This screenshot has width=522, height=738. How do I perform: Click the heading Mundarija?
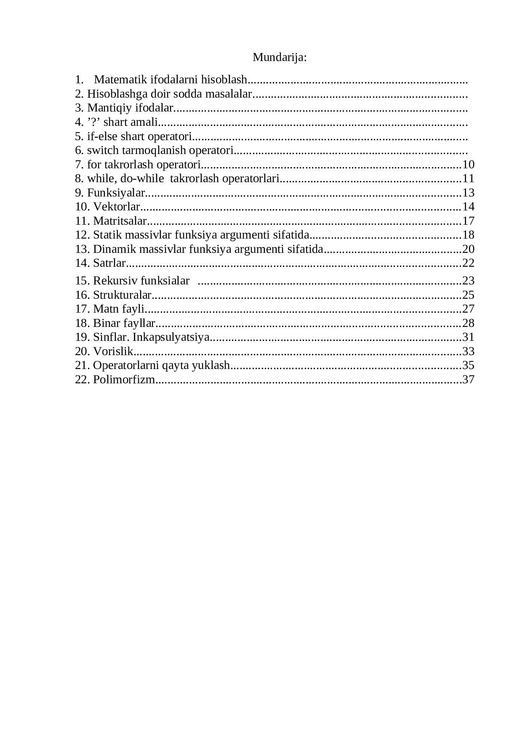pyautogui.click(x=280, y=57)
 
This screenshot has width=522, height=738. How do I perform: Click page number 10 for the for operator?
pyautogui.click(x=468, y=165)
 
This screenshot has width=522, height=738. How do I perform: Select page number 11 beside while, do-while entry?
pyautogui.click(x=468, y=178)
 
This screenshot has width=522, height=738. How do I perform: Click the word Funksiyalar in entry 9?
pyautogui.click(x=116, y=193)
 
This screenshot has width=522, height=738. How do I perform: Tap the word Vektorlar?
pyautogui.click(x=116, y=207)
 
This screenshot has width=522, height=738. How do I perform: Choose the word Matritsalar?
pyautogui.click(x=120, y=221)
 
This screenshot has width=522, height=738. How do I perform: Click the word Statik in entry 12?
pyautogui.click(x=105, y=235)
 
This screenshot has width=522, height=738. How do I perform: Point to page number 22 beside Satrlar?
pyautogui.click(x=468, y=263)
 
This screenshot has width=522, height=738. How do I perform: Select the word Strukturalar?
pyautogui.click(x=122, y=295)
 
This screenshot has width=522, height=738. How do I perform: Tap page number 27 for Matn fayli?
pyautogui.click(x=468, y=309)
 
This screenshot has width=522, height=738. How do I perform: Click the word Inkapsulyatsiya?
pyautogui.click(x=170, y=337)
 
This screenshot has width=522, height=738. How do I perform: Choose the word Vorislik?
pyautogui.click(x=113, y=351)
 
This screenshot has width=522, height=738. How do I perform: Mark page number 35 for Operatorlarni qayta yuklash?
pyautogui.click(x=468, y=365)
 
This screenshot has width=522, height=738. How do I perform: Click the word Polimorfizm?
pyautogui.click(x=124, y=380)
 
